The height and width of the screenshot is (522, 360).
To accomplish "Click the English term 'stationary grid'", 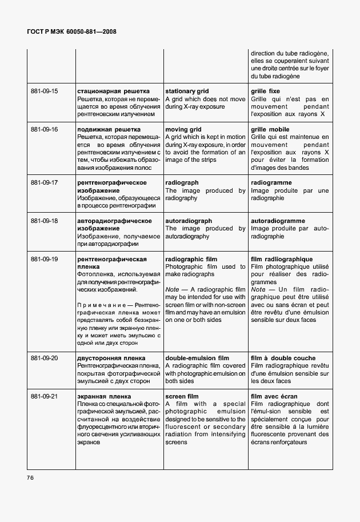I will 187,91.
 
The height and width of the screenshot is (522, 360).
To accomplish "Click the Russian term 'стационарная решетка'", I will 113,91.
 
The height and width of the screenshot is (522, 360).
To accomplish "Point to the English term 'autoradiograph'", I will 189,221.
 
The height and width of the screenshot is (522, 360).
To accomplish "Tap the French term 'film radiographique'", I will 281,259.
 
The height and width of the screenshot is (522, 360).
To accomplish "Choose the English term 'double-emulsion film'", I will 197,358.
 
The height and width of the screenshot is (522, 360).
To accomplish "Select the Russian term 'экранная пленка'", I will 104,396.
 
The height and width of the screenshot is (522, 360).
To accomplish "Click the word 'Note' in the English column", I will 173,290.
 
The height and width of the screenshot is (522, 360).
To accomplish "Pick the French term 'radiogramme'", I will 271,183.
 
